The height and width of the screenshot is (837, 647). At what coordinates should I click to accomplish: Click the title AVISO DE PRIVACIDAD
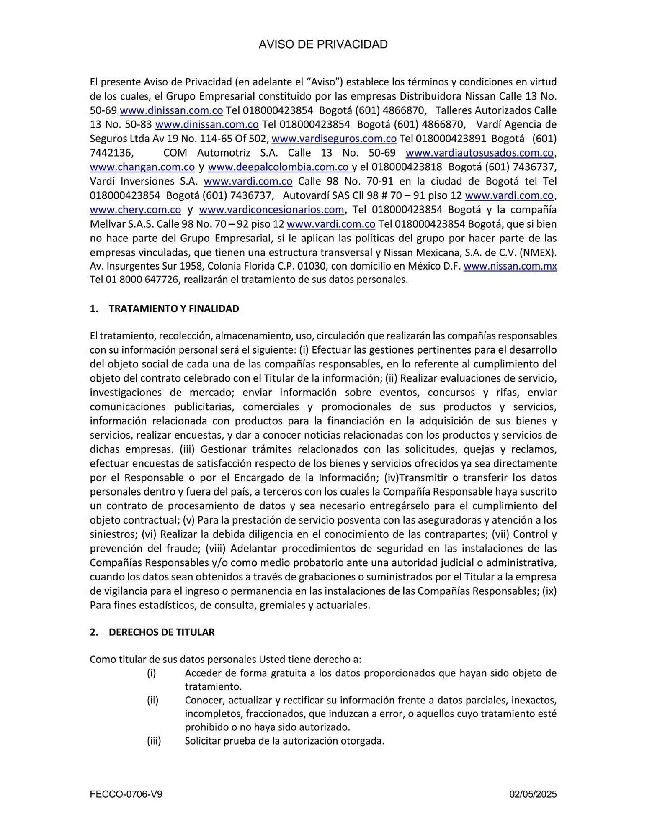323,44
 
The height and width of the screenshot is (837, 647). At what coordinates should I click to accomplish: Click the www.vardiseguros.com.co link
334,139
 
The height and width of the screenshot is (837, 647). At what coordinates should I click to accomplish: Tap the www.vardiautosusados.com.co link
479,153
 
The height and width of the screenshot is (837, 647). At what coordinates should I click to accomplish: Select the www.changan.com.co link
142,167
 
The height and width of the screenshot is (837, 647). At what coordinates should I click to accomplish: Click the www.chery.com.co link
135,210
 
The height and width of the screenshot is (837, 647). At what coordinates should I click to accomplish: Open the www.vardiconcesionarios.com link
271,210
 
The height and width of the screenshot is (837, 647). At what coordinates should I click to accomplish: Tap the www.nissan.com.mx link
510,266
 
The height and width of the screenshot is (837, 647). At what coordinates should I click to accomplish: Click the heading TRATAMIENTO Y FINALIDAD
174,309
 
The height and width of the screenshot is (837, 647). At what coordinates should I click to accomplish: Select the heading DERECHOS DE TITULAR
162,632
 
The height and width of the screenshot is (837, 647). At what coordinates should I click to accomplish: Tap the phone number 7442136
111,153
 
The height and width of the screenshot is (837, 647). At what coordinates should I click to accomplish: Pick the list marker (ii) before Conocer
152,701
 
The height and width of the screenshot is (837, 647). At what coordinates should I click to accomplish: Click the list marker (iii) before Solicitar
154,741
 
